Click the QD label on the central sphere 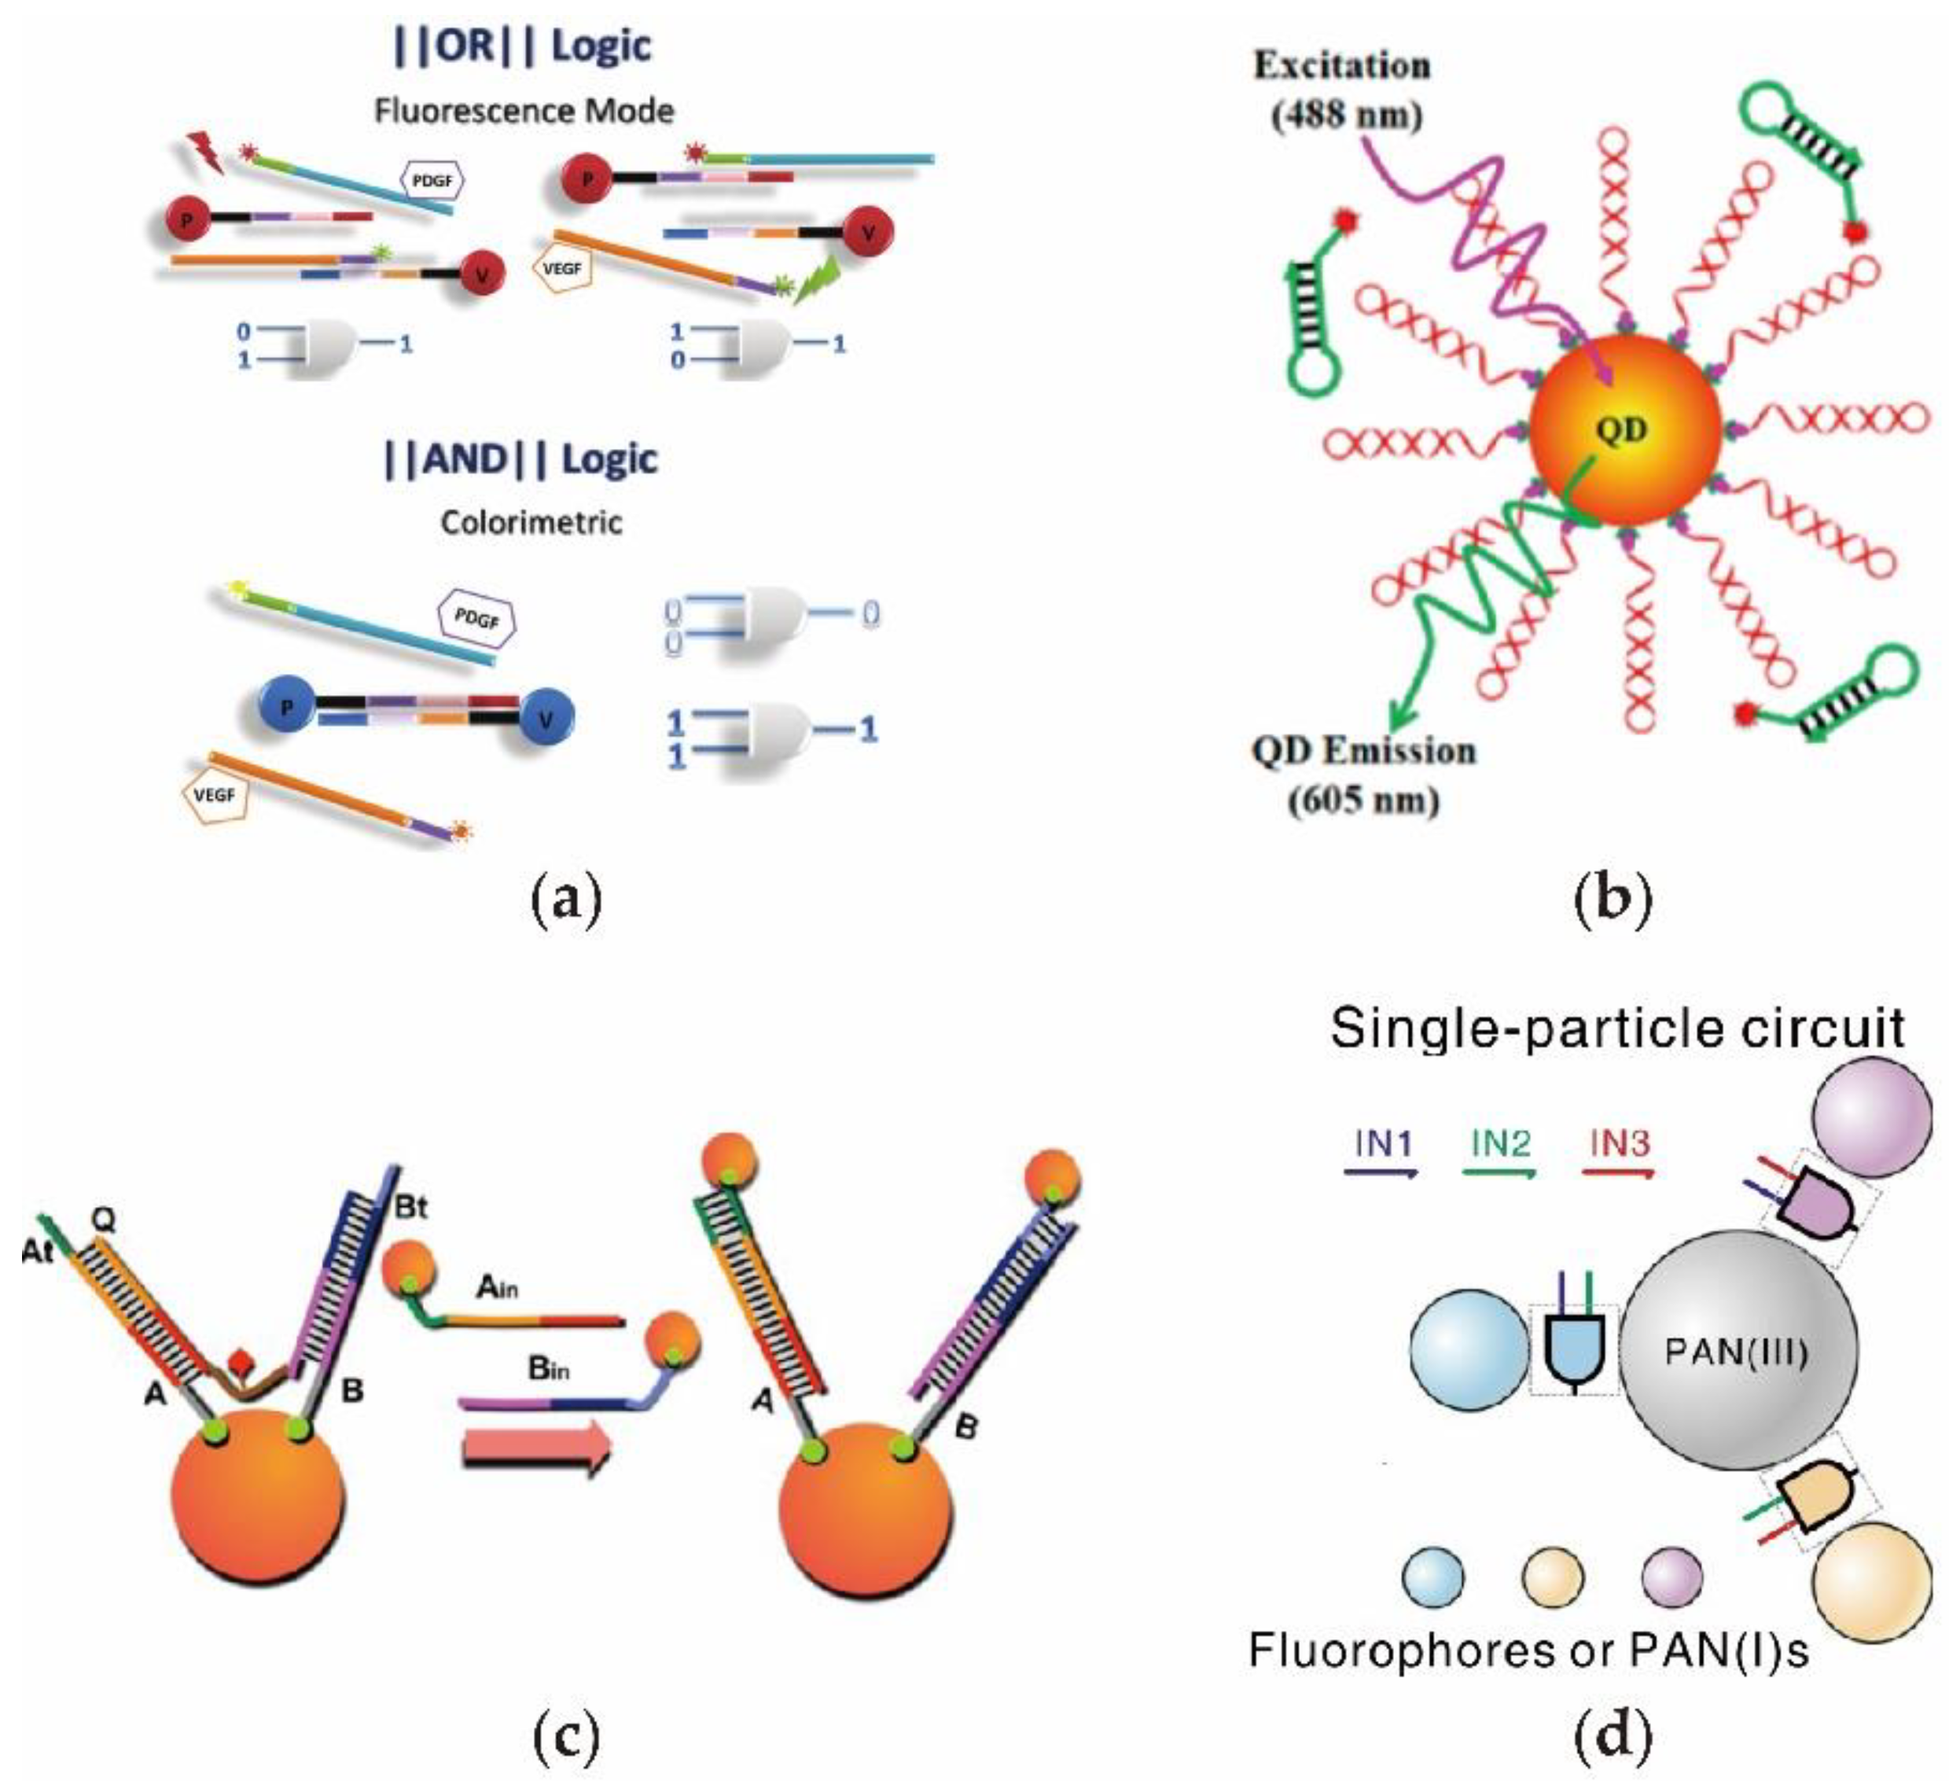1621,429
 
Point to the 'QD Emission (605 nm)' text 1363,775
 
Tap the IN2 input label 1500,1144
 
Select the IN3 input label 1620,1144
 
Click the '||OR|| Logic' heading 523,46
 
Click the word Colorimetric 531,522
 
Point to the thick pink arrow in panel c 536,1448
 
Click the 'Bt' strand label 411,1207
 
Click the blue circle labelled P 285,708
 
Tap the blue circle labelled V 546,719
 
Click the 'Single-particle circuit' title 1616,1028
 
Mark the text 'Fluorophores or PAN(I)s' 1528,1650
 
